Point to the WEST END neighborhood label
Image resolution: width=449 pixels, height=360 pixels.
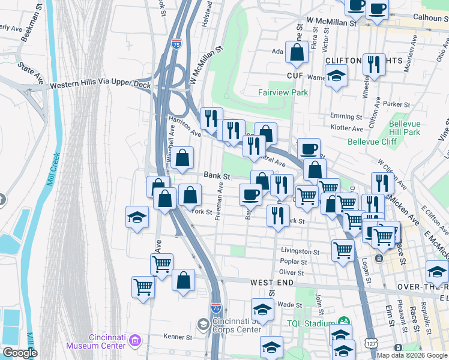click(x=272, y=282)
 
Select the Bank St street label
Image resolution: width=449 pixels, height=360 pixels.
click(x=217, y=176)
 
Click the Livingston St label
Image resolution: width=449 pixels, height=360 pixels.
click(x=300, y=251)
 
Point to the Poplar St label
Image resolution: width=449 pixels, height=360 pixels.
click(x=294, y=262)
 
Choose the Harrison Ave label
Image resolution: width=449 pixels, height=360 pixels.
click(x=184, y=125)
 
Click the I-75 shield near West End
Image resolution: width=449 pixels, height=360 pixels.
click(x=216, y=308)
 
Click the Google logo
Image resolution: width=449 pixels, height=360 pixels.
click(x=19, y=353)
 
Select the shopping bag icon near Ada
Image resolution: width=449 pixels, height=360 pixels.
click(x=297, y=53)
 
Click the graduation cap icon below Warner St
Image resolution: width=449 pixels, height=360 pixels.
click(x=336, y=76)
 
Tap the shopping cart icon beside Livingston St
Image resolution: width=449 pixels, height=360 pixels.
click(x=343, y=249)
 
